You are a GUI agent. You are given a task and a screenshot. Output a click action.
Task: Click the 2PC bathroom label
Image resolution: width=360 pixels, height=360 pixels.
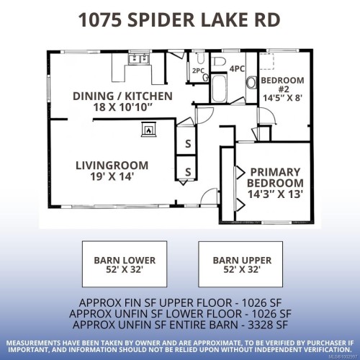click(198, 71)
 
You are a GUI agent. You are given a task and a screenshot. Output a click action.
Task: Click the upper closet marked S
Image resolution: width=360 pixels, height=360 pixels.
click(189, 143)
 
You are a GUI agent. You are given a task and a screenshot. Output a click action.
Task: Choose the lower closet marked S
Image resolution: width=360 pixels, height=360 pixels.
click(189, 171)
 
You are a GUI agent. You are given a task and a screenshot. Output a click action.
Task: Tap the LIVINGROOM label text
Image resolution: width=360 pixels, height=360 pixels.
click(112, 165)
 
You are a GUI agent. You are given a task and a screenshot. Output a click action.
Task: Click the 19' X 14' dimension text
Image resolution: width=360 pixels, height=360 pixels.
click(112, 176)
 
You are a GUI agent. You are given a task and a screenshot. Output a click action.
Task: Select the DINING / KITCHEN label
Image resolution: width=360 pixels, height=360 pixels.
click(122, 95)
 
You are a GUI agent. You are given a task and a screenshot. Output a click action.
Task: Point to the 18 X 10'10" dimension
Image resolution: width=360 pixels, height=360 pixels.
click(122, 107)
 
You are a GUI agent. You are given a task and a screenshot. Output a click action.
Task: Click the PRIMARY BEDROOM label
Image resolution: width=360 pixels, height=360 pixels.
click(276, 177)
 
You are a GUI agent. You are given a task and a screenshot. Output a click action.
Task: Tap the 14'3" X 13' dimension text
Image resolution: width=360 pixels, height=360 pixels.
click(276, 193)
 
